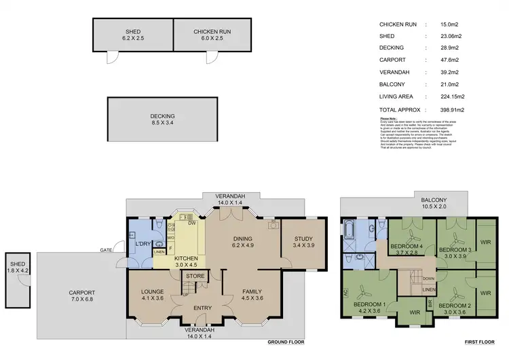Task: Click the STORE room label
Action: pos(195,276)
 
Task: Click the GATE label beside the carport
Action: pos(107,251)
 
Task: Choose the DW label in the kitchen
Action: pos(193,222)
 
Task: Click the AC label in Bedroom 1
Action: pos(347,293)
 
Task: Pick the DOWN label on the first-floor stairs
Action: pos(429,278)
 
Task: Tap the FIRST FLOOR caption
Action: pos(478,342)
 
